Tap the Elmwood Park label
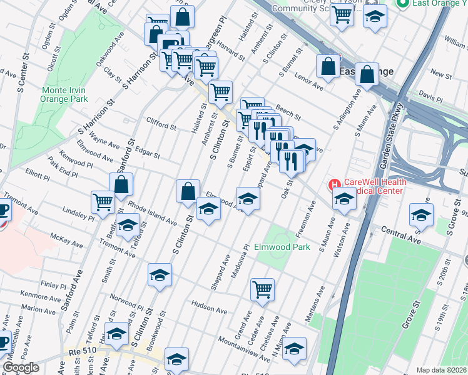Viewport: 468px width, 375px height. coord(282,247)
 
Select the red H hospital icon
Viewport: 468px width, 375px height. coord(334,185)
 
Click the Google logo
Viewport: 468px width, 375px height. coord(21,367)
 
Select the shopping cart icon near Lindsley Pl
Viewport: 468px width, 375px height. coord(103,201)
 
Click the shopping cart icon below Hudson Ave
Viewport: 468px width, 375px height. coord(262,289)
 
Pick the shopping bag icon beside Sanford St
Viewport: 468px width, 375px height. coord(121,184)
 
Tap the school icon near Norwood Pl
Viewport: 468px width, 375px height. coord(160,274)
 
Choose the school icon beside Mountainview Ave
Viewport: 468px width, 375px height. coord(294,348)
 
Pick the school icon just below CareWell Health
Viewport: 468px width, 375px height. coord(344,199)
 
